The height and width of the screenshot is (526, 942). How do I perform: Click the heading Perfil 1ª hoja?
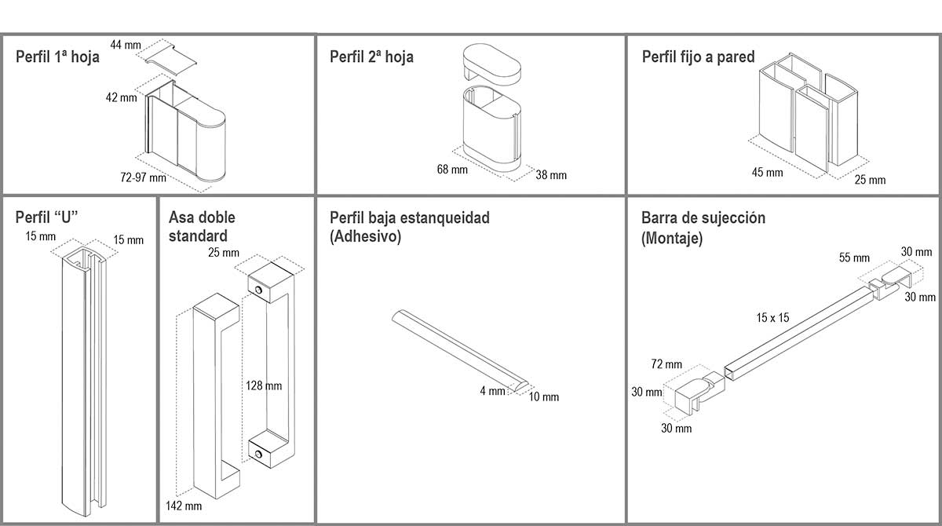[58, 57]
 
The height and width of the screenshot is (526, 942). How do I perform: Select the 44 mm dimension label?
[126, 45]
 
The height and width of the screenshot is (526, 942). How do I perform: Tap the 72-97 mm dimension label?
[143, 177]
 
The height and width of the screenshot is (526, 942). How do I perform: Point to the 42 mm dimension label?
[121, 98]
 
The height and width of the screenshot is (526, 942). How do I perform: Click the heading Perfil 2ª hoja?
[371, 57]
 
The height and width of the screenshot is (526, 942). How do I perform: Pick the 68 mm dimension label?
[452, 169]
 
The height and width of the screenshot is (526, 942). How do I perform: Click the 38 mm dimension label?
[551, 175]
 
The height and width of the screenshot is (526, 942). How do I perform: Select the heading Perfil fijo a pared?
[698, 57]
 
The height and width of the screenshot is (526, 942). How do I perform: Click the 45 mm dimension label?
[768, 172]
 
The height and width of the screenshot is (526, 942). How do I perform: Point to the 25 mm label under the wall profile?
[870, 180]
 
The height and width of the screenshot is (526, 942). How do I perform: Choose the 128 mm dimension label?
[263, 385]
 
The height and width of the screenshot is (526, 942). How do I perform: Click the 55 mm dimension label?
[854, 258]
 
